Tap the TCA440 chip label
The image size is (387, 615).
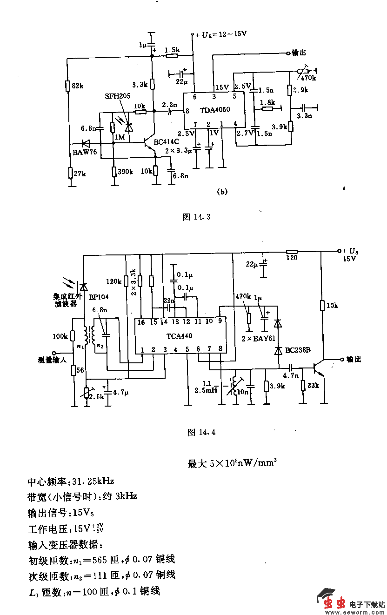click(x=179, y=335)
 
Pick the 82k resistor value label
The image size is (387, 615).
click(x=77, y=86)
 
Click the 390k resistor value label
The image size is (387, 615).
click(x=126, y=172)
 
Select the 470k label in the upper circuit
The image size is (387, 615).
click(x=308, y=78)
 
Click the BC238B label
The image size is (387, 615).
click(x=298, y=349)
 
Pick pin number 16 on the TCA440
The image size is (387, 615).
click(x=141, y=321)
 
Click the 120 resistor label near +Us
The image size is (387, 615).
click(x=292, y=257)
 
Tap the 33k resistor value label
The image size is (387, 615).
click(x=314, y=386)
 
